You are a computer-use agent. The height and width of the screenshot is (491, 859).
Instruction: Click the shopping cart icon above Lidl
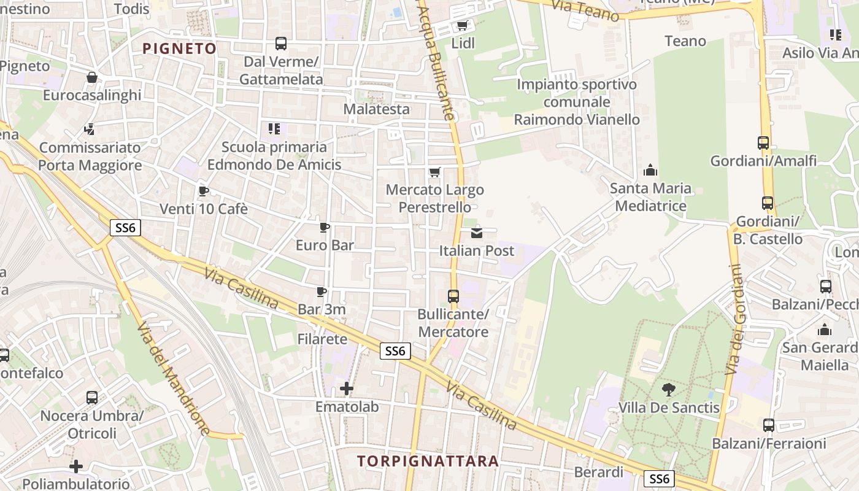[462, 25]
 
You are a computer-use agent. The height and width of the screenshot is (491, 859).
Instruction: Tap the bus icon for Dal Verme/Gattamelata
[280, 43]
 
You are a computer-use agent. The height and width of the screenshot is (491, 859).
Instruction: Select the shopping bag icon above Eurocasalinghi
[92, 77]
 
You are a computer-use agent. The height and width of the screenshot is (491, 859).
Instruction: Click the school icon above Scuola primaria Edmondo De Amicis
[274, 129]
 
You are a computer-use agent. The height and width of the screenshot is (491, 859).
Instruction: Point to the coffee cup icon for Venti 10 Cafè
[204, 191]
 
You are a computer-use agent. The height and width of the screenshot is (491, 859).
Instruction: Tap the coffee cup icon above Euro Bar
[325, 228]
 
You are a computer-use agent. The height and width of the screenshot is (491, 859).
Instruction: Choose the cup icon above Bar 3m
[321, 292]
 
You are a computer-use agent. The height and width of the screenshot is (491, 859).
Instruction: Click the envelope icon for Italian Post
[477, 233]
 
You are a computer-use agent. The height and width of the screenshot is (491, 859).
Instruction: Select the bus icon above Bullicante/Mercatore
[453, 296]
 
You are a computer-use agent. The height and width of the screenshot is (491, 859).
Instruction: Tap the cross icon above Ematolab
[347, 389]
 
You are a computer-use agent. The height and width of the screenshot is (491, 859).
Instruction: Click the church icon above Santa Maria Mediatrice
[650, 170]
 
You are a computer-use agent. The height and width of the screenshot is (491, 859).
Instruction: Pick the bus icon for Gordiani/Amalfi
[763, 143]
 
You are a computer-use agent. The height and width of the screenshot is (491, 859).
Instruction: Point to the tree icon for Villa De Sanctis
[668, 389]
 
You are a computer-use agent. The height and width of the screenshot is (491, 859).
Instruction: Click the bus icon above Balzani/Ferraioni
[768, 425]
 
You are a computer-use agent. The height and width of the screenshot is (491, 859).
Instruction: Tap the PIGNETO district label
[180, 48]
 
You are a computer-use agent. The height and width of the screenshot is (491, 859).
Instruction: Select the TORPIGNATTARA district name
[428, 461]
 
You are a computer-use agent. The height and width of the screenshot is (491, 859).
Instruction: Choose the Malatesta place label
[376, 109]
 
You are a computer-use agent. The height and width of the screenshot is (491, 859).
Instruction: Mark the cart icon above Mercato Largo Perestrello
[435, 172]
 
